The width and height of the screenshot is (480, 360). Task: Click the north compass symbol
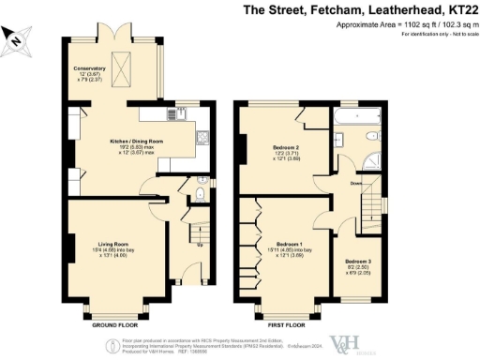coord(18,38)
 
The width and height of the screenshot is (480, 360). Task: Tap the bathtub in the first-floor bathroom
coord(354,118)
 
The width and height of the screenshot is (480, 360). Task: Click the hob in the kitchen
coord(202,138)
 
